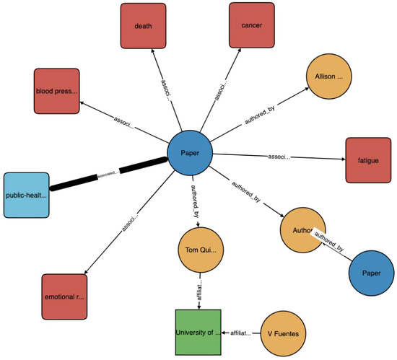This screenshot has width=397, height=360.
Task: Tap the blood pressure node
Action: (x=55, y=91)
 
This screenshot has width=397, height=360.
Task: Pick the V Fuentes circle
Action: (x=284, y=334)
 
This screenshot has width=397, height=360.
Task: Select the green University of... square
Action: (x=197, y=333)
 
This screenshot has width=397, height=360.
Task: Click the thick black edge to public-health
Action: (x=108, y=174)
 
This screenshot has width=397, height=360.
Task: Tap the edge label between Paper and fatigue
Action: (x=278, y=157)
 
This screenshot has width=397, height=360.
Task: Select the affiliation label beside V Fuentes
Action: (x=240, y=333)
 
